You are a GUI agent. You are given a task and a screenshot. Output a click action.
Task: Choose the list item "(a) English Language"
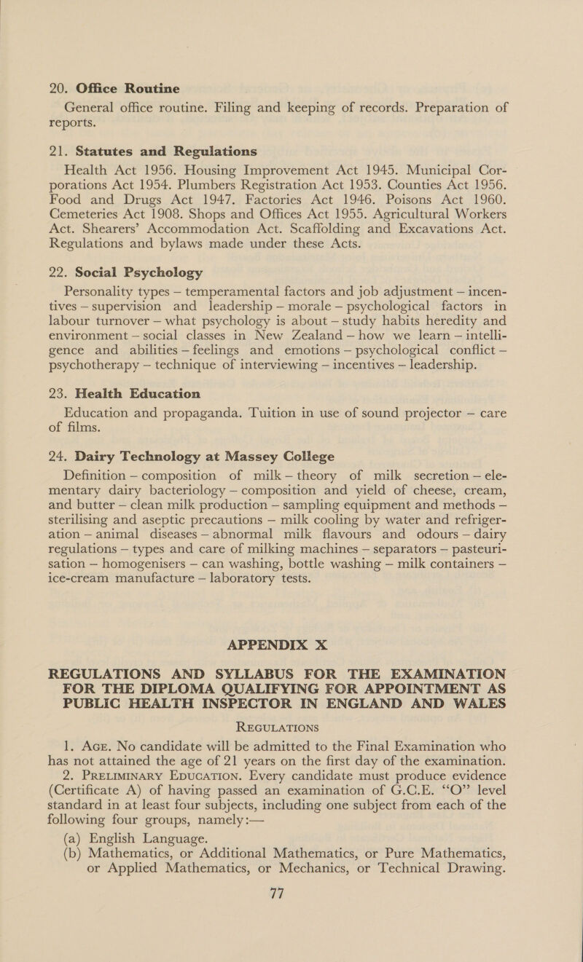pyautogui.click(x=121, y=900)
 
